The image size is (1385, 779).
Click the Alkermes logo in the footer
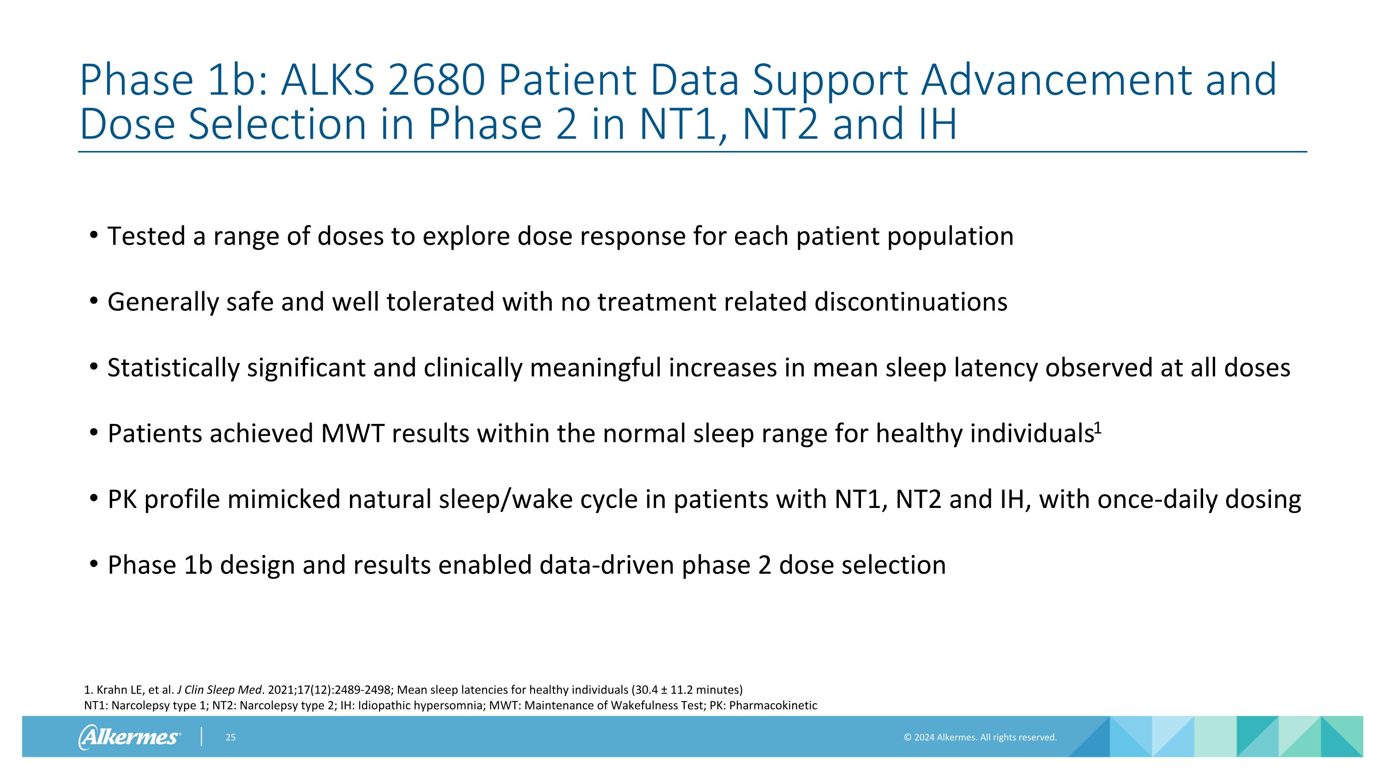(x=129, y=737)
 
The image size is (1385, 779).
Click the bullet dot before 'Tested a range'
(x=94, y=235)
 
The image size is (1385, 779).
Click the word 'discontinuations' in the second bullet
(x=911, y=302)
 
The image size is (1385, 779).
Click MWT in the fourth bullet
(x=352, y=433)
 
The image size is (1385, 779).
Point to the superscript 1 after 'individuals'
(x=1098, y=428)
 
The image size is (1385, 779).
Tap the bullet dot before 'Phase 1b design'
(x=94, y=564)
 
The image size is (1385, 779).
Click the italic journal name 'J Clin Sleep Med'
(x=219, y=690)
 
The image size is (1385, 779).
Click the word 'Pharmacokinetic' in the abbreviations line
(x=773, y=705)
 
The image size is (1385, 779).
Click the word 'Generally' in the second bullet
(x=163, y=302)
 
